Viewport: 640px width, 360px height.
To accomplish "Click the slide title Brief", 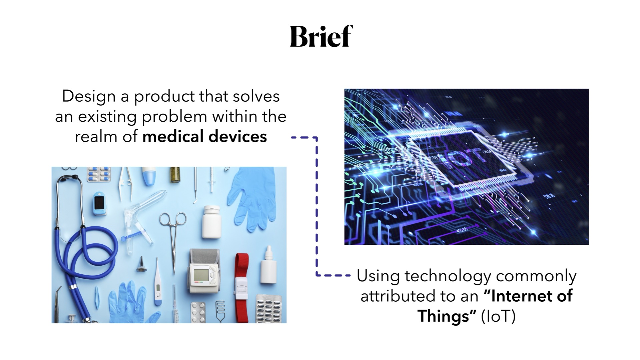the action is [x=321, y=36].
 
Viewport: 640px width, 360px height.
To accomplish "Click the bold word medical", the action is [x=173, y=137].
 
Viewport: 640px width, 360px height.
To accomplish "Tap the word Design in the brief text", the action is [x=89, y=97].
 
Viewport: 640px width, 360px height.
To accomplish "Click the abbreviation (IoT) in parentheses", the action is [x=498, y=316].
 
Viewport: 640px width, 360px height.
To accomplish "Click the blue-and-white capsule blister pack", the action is [x=99, y=174].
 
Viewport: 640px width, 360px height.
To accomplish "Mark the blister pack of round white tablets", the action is [x=198, y=313].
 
